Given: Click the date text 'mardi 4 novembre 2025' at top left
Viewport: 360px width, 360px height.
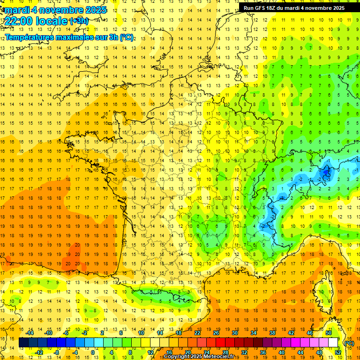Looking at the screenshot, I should (x=53, y=10).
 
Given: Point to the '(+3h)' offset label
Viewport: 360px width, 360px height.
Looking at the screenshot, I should (x=78, y=21).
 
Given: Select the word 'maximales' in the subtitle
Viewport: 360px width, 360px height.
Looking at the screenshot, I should (x=78, y=37).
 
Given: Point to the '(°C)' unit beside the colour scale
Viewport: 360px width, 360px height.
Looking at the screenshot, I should (x=349, y=343).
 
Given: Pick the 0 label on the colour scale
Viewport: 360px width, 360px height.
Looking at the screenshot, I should (x=92, y=352).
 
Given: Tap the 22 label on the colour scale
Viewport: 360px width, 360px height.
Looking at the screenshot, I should (x=197, y=333).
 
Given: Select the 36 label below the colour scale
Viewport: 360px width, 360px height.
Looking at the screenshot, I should (x=262, y=352).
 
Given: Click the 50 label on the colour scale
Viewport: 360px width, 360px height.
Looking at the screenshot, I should (x=328, y=333).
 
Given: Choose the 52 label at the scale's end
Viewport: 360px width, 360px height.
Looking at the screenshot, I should (x=337, y=352).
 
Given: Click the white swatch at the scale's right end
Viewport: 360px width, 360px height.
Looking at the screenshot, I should (x=333, y=343).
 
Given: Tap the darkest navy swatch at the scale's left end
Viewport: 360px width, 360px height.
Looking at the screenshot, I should (x=23, y=343).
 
